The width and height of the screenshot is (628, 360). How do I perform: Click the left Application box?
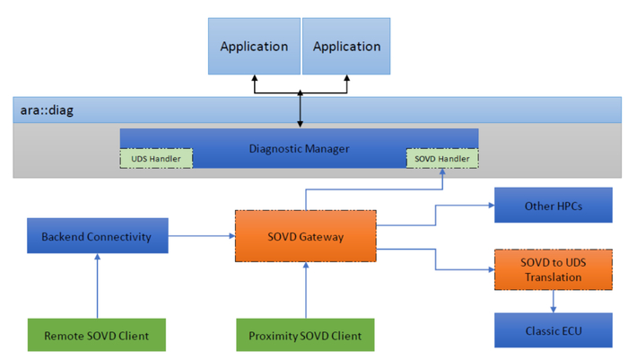tap(254, 46)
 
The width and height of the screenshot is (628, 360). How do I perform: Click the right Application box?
tap(347, 46)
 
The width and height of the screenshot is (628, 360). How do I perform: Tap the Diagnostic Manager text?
tap(299, 148)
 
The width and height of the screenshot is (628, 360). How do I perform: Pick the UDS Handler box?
tap(156, 159)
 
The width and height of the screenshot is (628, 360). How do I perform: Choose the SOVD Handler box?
tap(442, 159)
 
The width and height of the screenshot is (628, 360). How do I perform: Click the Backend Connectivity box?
tap(96, 237)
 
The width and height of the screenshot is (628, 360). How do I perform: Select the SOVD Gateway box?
tap(305, 237)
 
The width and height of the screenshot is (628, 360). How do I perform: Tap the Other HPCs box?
tap(553, 206)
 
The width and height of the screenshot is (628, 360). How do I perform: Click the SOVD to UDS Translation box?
tap(553, 269)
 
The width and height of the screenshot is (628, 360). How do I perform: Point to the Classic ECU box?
tap(553, 330)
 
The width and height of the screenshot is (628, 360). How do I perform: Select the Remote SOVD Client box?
tap(96, 335)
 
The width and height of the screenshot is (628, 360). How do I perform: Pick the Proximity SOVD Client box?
tap(305, 335)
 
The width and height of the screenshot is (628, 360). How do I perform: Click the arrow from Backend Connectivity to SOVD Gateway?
tap(200, 237)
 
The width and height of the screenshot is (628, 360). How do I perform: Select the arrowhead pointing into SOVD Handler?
tap(442, 173)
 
